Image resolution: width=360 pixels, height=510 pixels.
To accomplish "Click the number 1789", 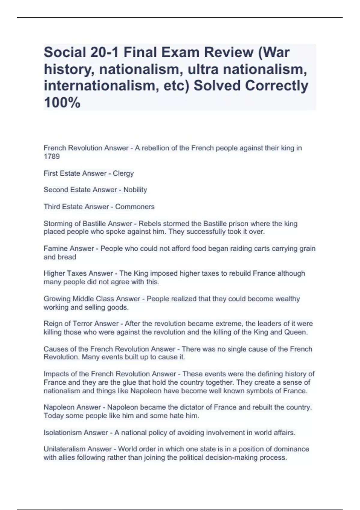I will click(x=52, y=156).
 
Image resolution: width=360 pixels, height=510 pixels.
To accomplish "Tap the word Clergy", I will click(x=123, y=173).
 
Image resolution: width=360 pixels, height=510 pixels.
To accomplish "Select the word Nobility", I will click(x=135, y=190).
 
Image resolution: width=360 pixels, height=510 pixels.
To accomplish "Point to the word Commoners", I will click(x=135, y=207).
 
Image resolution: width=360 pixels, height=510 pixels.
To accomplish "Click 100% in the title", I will click(x=62, y=103).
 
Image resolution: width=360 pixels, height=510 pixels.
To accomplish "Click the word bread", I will click(x=68, y=257).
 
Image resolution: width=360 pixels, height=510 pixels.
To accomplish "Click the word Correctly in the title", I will click(x=276, y=86).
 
